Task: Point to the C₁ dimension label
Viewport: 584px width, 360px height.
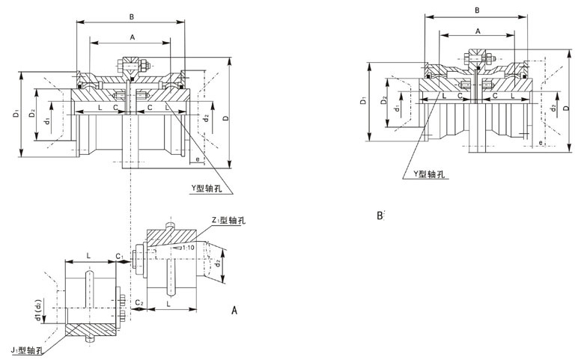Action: coord(120,256)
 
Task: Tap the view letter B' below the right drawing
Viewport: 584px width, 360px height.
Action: coord(380,216)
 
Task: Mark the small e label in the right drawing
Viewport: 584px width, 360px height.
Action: coord(540,141)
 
